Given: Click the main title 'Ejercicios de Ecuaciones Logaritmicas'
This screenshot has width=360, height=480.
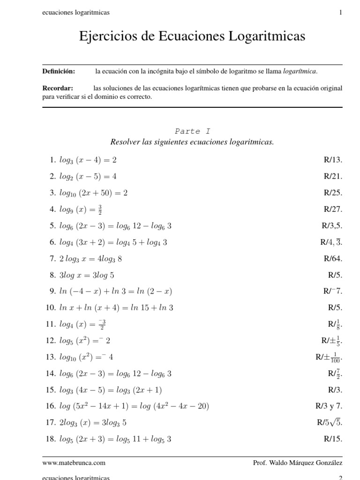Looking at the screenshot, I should coord(192,36).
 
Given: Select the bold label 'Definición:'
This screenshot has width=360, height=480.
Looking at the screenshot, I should coord(59,71).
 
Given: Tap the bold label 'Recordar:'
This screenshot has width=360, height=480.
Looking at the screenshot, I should coord(58,88).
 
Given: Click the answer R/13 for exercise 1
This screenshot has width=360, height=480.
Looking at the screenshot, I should coord(333,160).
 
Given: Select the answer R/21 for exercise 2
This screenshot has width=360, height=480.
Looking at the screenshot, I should coord(333,176).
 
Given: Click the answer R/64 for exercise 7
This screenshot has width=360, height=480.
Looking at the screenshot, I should coord(333,258).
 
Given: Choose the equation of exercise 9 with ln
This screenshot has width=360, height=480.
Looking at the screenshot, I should coord(115,291).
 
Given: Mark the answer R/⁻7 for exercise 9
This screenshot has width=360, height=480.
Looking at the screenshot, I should coord(333,291).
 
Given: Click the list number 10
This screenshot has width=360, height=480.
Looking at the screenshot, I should coord(51,307).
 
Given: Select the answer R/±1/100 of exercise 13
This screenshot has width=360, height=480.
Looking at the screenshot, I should coord(329,357).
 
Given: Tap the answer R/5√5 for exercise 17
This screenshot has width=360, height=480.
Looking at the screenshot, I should coord(330,422).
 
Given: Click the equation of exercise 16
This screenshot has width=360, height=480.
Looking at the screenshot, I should coord(134,406).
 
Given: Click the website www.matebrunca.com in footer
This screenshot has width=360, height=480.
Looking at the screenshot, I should coord(74,463).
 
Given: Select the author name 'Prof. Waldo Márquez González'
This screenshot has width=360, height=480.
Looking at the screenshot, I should coord(297,463).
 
